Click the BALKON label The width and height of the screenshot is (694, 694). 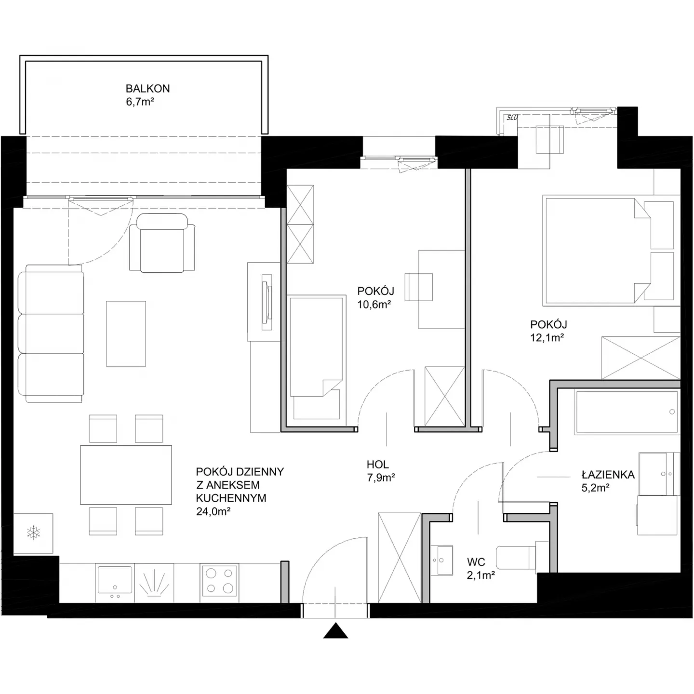(x=147, y=89)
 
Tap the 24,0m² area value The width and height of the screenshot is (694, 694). (x=213, y=511)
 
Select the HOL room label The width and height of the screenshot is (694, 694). (x=378, y=465)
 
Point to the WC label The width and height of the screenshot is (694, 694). (x=476, y=562)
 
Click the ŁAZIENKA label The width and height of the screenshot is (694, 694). (x=608, y=474)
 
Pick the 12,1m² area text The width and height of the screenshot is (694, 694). (x=547, y=337)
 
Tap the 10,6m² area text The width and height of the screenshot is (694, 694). (x=374, y=304)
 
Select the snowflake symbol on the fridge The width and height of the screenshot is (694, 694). (x=33, y=533)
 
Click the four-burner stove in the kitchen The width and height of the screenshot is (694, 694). (x=219, y=581)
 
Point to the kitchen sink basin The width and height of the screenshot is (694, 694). (x=115, y=579)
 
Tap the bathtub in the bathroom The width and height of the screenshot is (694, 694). (x=627, y=412)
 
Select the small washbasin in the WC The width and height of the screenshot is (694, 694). (x=442, y=561)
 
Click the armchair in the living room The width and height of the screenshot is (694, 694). (x=162, y=243)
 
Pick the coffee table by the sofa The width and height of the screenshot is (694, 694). (x=126, y=334)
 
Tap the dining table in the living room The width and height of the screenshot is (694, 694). (x=126, y=475)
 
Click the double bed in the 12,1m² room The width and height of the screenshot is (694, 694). (x=611, y=251)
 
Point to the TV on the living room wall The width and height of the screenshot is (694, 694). (x=267, y=302)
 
